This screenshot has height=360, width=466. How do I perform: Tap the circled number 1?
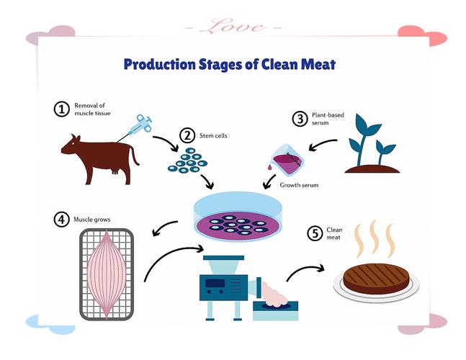tap(61, 109)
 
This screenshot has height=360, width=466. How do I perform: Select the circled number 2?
tap(187, 136)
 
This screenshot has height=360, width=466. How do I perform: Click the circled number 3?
tap(300, 119)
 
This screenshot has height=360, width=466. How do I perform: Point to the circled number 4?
tap(61, 220)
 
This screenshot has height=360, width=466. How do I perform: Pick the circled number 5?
tap(315, 233)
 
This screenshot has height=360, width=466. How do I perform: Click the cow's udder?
tap(115, 171)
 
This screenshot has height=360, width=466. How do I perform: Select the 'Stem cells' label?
tap(213, 136)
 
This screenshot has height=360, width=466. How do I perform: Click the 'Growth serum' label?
tap(299, 185)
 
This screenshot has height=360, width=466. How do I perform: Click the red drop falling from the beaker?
tap(269, 168)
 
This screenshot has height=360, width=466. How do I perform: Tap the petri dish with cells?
tap(238, 216)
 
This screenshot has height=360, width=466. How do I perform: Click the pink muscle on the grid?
tap(107, 274)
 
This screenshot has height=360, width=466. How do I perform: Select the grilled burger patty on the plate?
tap(376, 278)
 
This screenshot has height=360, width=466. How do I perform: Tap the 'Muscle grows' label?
tap(92, 220)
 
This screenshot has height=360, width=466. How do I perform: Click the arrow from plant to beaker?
tap(323, 144)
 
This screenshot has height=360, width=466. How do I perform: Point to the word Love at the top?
tap(233, 27)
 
